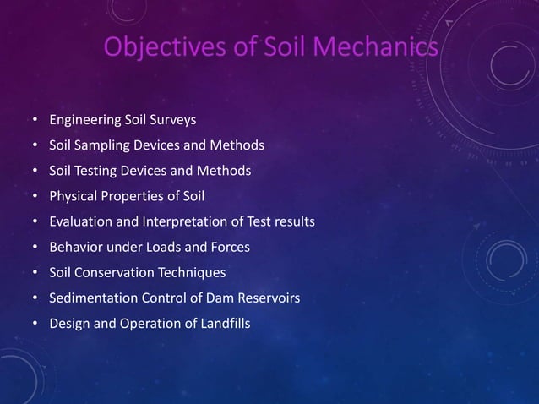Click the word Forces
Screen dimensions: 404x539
tap(230, 248)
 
